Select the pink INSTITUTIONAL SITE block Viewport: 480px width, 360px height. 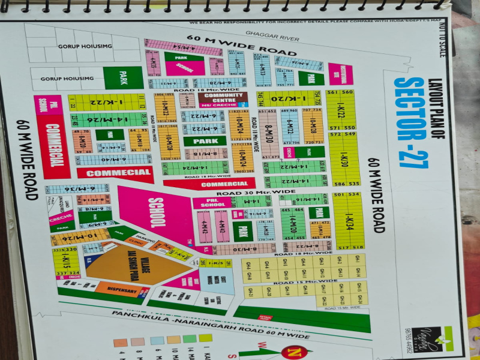(340, 74)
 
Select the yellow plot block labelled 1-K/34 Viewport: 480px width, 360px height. (349, 220)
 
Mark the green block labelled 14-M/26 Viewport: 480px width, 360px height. (108, 119)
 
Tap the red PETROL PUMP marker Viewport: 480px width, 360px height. (265, 316)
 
